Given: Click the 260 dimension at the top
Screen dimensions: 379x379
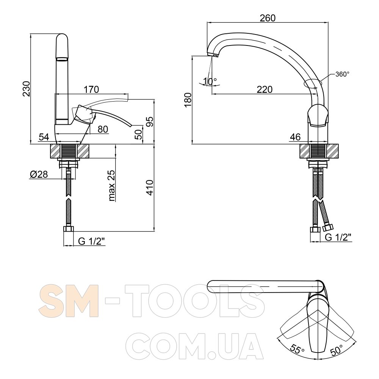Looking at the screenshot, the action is (268, 18).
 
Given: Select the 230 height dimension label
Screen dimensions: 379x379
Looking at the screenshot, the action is (27, 89).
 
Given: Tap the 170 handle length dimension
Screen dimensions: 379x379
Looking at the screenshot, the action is (91, 89).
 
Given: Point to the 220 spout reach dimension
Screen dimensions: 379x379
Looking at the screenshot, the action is (265, 89).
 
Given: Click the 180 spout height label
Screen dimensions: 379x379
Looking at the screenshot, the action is (188, 100).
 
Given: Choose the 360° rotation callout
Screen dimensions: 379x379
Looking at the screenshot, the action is (342, 74).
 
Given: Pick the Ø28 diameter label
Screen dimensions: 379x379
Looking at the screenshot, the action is (39, 174).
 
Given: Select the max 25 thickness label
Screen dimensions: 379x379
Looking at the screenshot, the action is (112, 186).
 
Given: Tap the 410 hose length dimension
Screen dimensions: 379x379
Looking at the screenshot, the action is (150, 188).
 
